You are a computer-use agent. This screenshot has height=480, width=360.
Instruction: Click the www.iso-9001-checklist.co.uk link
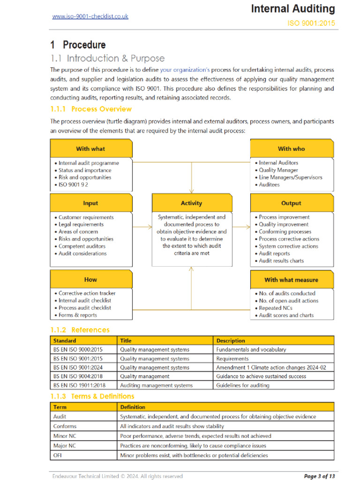pyautogui.click(x=90, y=16)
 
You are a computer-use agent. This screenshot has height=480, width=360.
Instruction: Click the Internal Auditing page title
pyautogui.click(x=293, y=8)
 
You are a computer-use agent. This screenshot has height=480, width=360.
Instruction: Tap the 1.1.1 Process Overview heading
pyautogui.click(x=91, y=109)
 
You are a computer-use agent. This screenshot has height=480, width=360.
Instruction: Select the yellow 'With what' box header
pyautogui.click(x=90, y=149)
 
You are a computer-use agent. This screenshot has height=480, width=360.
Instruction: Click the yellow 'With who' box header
pyautogui.click(x=292, y=149)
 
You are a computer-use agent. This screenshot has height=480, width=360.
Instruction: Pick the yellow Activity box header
pyautogui.click(x=191, y=203)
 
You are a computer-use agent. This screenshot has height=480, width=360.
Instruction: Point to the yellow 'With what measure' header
pyautogui.click(x=292, y=280)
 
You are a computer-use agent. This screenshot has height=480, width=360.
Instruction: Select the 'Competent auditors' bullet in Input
pyautogui.click(x=82, y=246)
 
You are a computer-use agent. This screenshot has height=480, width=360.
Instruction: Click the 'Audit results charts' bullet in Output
pyautogui.click(x=281, y=261)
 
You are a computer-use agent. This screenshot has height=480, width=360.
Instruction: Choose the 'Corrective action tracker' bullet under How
pyautogui.click(x=87, y=293)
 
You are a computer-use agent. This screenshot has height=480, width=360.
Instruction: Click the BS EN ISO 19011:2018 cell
pyautogui.click(x=79, y=385)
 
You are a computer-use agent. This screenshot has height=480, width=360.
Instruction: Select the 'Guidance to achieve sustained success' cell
pyautogui.click(x=261, y=376)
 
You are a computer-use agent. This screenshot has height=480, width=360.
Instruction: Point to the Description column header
pyautogui.click(x=231, y=341)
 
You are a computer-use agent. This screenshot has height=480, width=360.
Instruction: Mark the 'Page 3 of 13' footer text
pyautogui.click(x=319, y=476)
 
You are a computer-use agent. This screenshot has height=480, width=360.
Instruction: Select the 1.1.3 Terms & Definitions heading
pyautogui.click(x=92, y=397)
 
